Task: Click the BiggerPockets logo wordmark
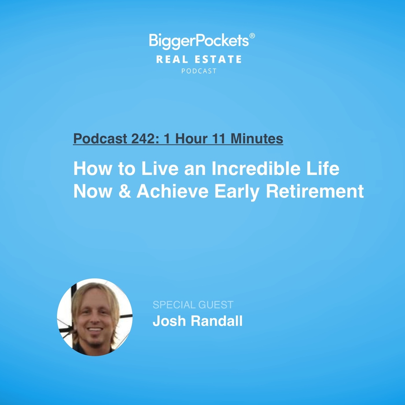tap(199, 41)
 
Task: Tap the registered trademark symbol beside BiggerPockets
tap(252, 36)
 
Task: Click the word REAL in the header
tap(172, 60)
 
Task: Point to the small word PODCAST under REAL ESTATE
tap(199, 71)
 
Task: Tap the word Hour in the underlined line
tap(191, 139)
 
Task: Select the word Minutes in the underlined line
tap(257, 139)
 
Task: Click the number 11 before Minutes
tap(219, 139)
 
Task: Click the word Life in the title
tap(323, 169)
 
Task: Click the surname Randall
tap(216, 321)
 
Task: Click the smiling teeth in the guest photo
tap(95, 330)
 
